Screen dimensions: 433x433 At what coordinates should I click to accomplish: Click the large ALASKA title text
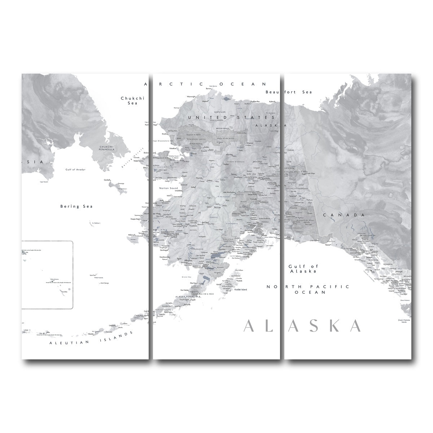(x=302, y=325)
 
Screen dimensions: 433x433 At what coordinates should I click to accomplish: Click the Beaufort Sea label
(x=289, y=92)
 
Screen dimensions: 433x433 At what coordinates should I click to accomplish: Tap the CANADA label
(x=344, y=215)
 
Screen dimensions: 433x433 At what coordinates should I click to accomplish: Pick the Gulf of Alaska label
(x=303, y=268)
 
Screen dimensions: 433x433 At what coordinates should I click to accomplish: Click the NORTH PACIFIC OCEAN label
(x=308, y=289)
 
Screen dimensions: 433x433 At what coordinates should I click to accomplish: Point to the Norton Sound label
(x=168, y=188)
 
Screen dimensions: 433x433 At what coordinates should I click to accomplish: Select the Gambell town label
(x=107, y=179)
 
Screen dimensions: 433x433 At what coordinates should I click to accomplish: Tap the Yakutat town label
(x=328, y=245)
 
